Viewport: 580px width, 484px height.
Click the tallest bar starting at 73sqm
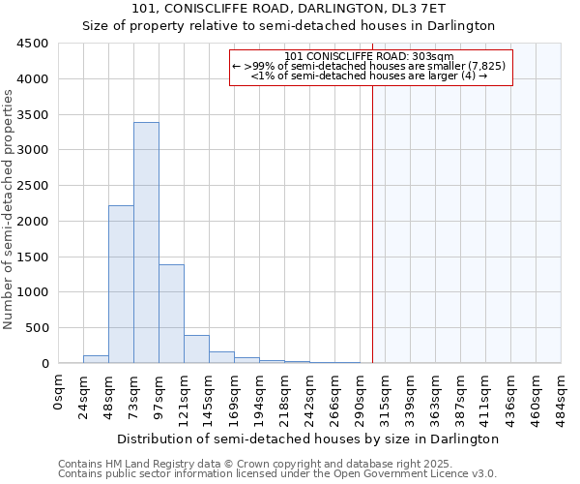(146, 242)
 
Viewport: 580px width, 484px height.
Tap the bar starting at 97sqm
(171, 314)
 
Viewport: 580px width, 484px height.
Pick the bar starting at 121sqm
(196, 349)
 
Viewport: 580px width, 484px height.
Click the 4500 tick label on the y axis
(33, 44)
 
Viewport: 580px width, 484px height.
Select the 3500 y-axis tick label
(33, 115)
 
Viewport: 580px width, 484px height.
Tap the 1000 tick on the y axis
(33, 292)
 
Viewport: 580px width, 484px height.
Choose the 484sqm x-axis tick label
(561, 394)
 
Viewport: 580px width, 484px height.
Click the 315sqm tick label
(385, 394)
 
